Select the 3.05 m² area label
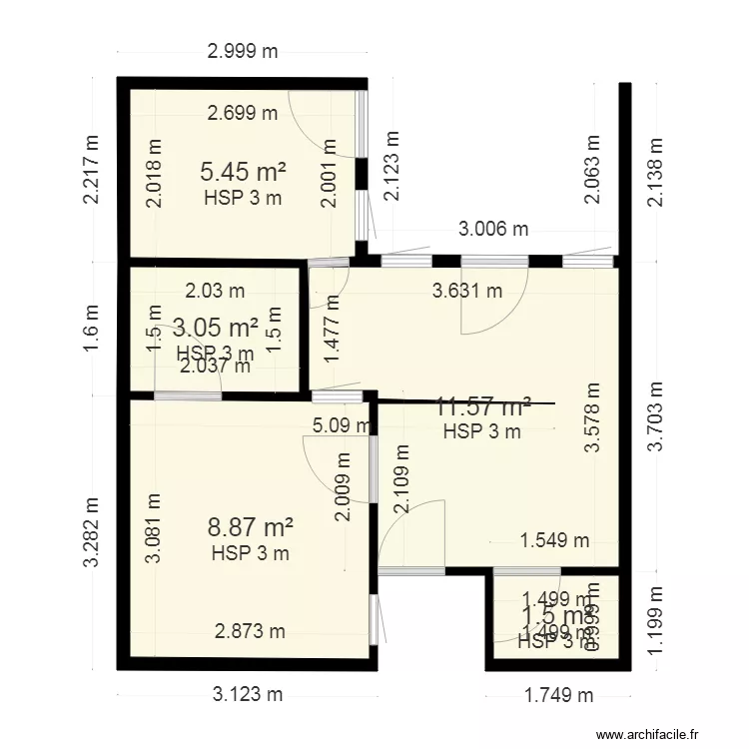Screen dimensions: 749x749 [x=216, y=327]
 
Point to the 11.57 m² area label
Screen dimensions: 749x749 [x=483, y=406]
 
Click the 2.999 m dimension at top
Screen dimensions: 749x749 [x=243, y=52]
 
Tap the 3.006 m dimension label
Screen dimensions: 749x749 [x=493, y=230]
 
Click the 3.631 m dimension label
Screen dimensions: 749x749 [x=466, y=292]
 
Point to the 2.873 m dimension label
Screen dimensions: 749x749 [x=250, y=630]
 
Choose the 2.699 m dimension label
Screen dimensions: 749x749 [x=243, y=113]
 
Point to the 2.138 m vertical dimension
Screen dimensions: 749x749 [x=656, y=172]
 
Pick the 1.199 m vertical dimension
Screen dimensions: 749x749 [x=656, y=622]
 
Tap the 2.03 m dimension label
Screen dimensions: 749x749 [x=215, y=292]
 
